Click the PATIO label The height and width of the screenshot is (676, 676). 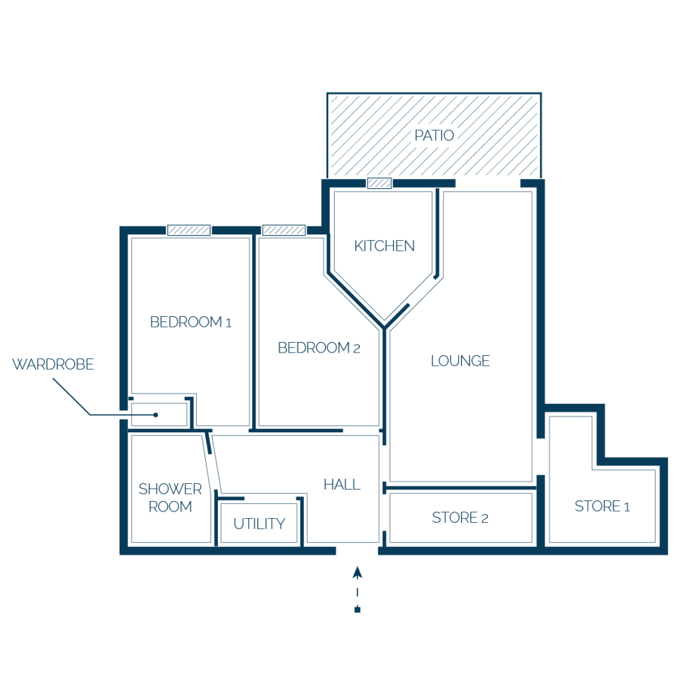click(434, 135)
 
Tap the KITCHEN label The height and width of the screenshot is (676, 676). click(384, 246)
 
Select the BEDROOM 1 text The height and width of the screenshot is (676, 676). click(191, 321)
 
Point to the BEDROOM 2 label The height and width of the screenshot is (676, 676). click(319, 347)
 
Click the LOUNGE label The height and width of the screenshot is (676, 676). click(460, 360)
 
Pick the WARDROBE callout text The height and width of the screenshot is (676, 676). click(53, 364)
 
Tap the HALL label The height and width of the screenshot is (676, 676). click(342, 485)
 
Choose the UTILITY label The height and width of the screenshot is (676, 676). click(259, 524)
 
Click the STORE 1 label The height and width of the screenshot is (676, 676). click(602, 506)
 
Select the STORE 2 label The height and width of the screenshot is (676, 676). click(460, 518)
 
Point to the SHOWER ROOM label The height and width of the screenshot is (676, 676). click(170, 498)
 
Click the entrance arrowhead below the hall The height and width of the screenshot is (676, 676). click(357, 572)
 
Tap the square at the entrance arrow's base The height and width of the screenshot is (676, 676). click(357, 609)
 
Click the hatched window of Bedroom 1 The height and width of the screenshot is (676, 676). click(189, 230)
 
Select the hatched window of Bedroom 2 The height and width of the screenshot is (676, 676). click(284, 230)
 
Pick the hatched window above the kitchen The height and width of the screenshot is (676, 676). click(380, 184)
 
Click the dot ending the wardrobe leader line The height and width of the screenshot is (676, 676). click(156, 415)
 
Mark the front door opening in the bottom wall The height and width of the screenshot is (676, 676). click(357, 551)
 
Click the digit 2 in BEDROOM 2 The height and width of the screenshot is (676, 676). click(356, 349)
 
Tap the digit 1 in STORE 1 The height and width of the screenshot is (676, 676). click(627, 506)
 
